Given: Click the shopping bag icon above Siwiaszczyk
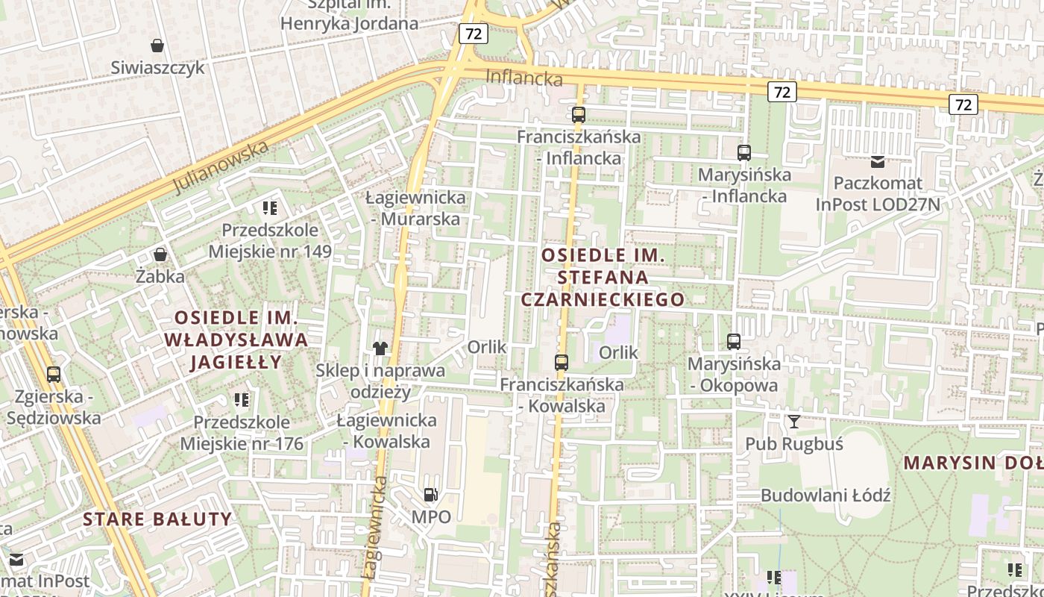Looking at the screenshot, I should click(157, 46).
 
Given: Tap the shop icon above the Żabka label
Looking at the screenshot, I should click(160, 254).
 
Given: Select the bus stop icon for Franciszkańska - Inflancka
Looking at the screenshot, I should click(579, 115).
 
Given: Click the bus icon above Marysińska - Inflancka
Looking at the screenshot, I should click(743, 153).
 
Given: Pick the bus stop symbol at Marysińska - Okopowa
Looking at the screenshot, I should click(734, 342).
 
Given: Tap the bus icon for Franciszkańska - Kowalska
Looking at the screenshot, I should click(562, 363).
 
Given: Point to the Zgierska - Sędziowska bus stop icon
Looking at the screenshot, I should click(53, 374).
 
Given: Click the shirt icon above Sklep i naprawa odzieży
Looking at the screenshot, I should click(380, 348).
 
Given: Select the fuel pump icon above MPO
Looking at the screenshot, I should click(430, 494).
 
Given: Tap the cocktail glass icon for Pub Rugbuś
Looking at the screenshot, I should click(793, 422).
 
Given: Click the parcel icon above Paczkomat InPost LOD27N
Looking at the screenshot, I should click(878, 161).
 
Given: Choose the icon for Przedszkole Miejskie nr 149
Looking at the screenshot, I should click(270, 208).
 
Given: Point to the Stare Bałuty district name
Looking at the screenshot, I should click(157, 519).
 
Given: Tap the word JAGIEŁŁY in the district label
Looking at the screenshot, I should click(236, 363).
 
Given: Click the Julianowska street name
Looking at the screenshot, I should click(220, 168).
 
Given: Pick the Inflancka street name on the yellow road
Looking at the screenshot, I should click(523, 77).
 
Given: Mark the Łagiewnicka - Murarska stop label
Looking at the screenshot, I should click(415, 208).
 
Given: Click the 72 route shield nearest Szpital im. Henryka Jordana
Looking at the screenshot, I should click(474, 33).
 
